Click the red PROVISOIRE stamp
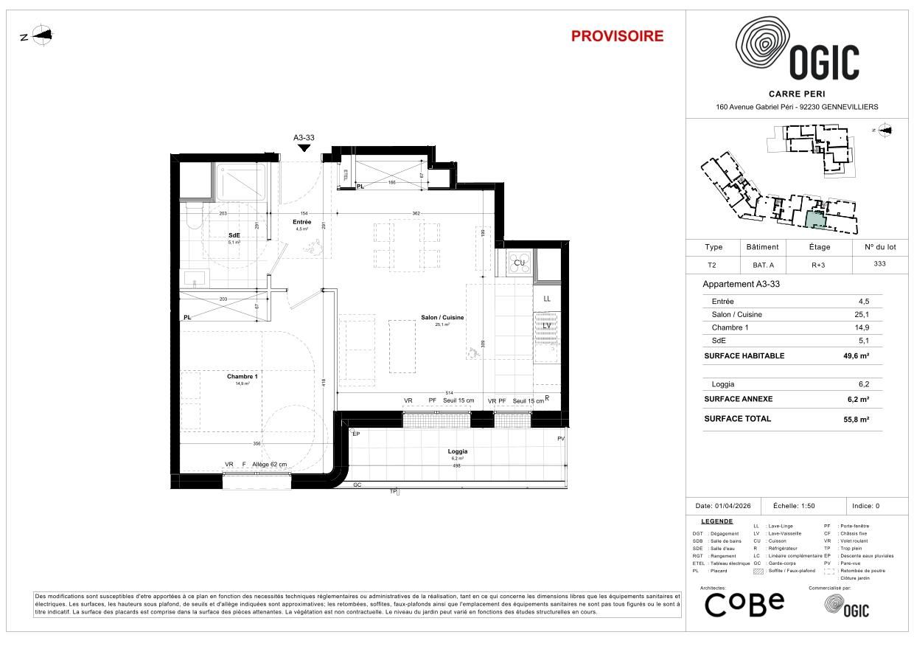click(617, 36)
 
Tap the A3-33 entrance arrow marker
click(304, 147)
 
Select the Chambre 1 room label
click(242, 376)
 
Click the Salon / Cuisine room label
click(442, 317)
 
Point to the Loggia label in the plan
click(458, 451)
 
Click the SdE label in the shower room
click(234, 235)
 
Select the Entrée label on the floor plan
click(301, 222)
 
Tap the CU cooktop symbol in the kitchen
click(520, 263)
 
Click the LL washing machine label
click(546, 299)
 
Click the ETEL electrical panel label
click(346, 175)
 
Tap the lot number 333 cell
click(879, 264)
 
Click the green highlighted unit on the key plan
click(814, 218)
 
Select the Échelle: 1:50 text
click(795, 506)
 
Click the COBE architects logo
click(744, 605)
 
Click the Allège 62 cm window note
click(269, 465)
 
